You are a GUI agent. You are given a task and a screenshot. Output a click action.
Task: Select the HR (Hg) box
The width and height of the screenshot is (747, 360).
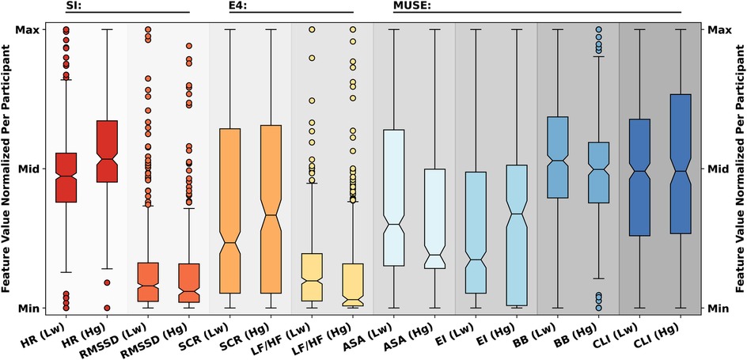tap(107, 151)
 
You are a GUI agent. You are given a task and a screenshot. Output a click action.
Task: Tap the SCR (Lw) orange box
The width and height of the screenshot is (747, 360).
tap(229, 210)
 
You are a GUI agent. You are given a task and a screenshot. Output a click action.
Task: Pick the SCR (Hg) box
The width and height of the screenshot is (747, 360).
tap(271, 209)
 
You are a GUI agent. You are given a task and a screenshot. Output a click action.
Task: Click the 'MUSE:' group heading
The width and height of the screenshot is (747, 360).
tap(411, 6)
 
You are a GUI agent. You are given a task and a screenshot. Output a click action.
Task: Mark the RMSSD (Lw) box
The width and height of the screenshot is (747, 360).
tap(148, 282)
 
